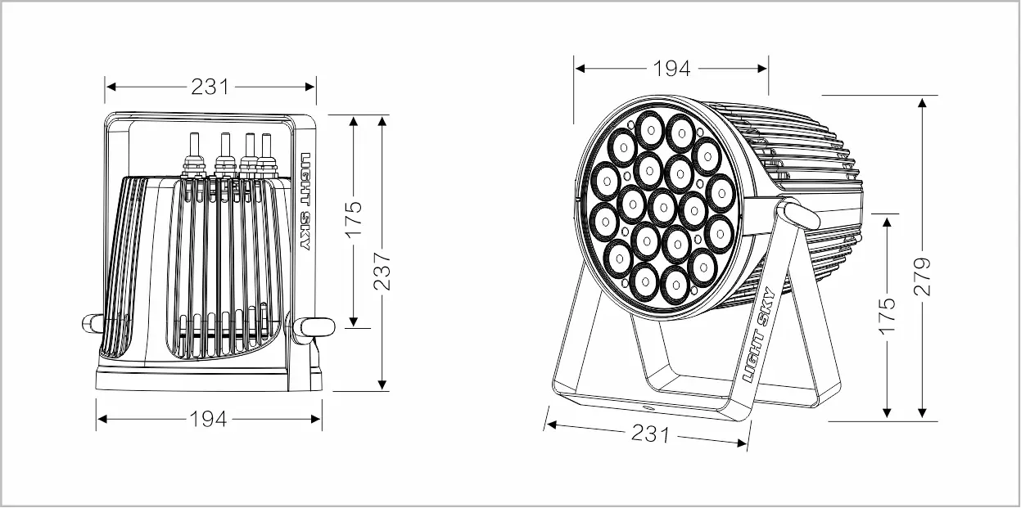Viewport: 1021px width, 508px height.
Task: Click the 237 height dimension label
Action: pyautogui.click(x=382, y=272)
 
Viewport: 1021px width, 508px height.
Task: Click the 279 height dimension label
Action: pyautogui.click(x=923, y=276)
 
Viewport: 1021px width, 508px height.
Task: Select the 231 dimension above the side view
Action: pyautogui.click(x=210, y=87)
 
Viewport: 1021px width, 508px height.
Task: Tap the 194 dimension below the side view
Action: pyautogui.click(x=208, y=419)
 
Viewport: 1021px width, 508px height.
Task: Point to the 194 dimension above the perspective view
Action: pyautogui.click(x=672, y=69)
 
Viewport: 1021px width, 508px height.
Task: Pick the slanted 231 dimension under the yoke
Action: pyautogui.click(x=650, y=434)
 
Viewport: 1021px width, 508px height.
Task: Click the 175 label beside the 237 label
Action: pyautogui.click(x=353, y=220)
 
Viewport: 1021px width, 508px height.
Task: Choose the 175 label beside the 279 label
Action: pyautogui.click(x=887, y=317)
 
